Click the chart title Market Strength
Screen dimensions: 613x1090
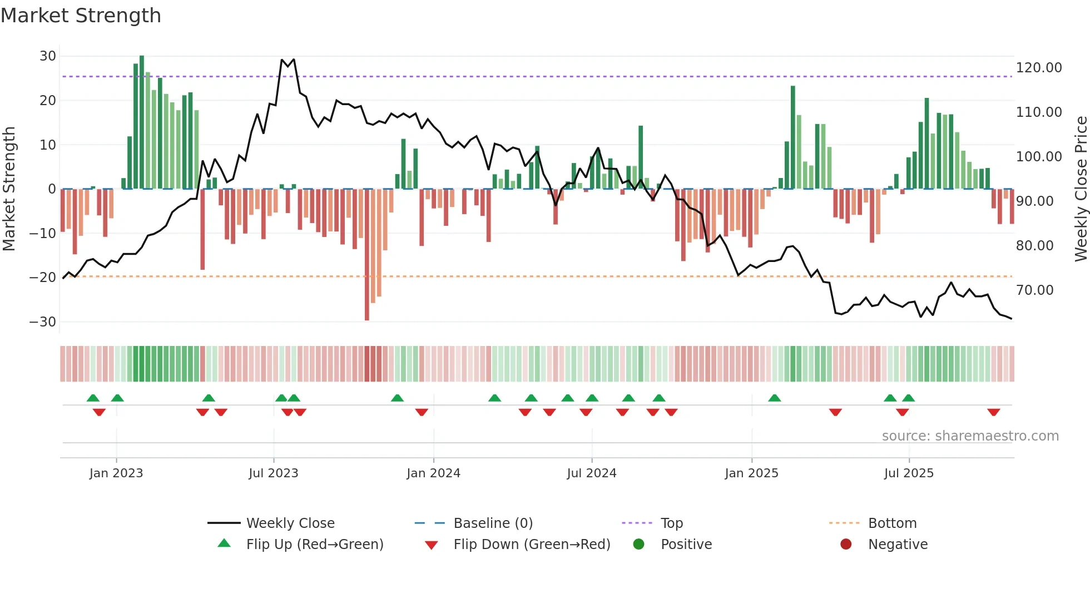coord(81,16)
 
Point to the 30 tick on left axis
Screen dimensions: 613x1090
coord(48,56)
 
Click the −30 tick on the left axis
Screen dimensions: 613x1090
coord(43,322)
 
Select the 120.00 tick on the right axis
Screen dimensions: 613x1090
coord(1038,68)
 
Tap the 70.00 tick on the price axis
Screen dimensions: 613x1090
coord(1034,290)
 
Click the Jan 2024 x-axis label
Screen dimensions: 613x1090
coord(433,473)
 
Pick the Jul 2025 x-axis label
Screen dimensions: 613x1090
coord(909,473)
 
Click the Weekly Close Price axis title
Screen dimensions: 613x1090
coord(1081,189)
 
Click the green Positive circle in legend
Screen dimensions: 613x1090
coord(638,545)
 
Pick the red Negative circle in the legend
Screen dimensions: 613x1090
coord(846,545)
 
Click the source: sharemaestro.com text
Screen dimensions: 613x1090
coord(970,436)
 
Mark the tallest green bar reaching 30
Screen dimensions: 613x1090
coord(142,122)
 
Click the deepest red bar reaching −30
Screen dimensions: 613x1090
coord(367,256)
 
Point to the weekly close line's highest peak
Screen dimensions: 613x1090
coord(283,60)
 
